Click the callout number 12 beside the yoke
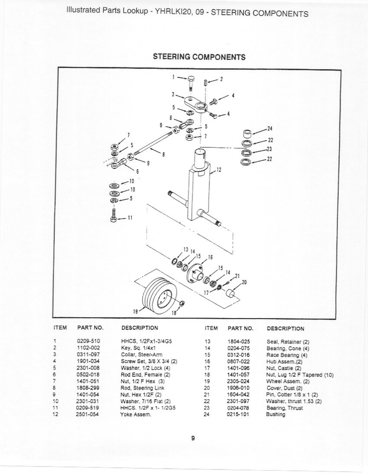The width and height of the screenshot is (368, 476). click(x=219, y=170)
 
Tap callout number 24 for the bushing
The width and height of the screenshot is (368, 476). click(x=270, y=129)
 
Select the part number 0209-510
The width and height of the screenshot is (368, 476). click(x=88, y=341)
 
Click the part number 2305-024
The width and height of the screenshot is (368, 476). click(x=238, y=381)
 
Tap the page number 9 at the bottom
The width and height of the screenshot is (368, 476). click(x=193, y=438)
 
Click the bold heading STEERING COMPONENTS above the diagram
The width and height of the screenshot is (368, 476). click(x=199, y=57)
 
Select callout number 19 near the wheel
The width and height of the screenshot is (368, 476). click(x=135, y=312)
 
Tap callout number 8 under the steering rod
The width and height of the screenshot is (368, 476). click(x=163, y=155)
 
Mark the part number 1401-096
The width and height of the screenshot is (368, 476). click(x=238, y=368)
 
